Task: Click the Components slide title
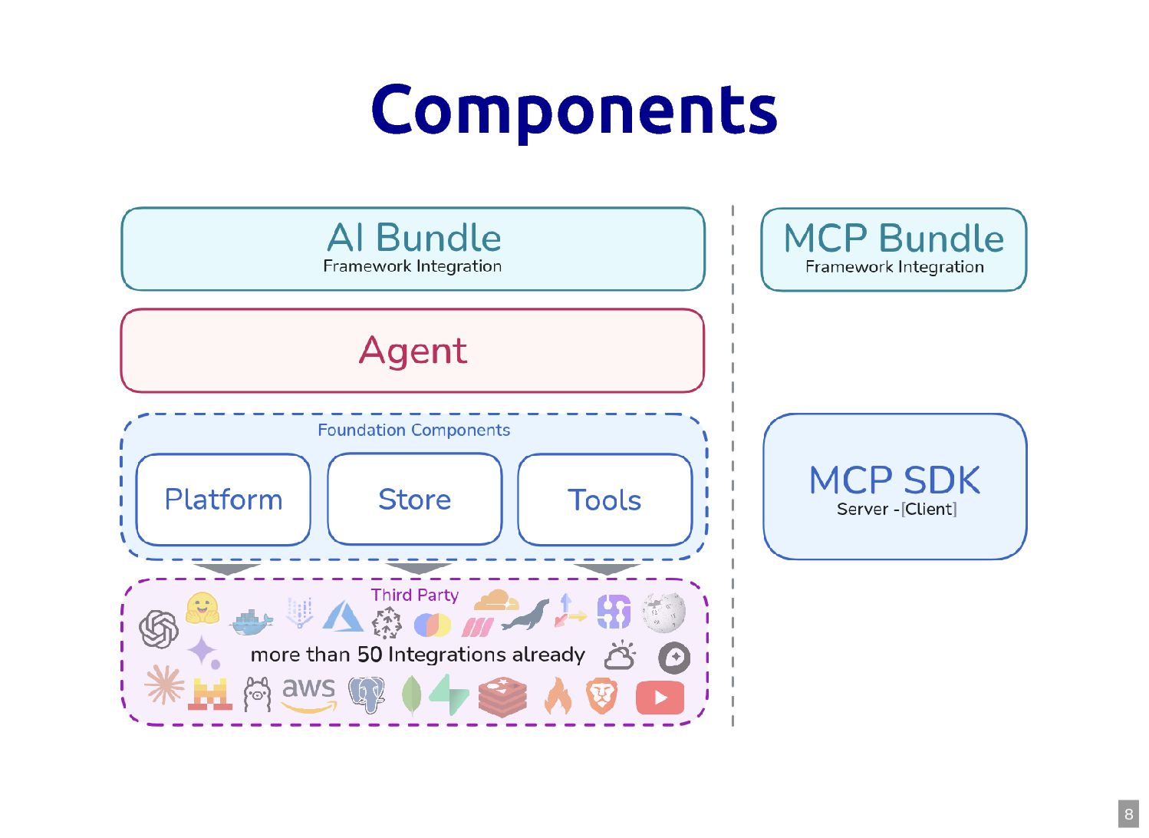(574, 110)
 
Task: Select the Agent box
(413, 351)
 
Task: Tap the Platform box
(223, 500)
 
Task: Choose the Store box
(414, 500)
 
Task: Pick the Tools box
(604, 500)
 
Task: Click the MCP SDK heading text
(894, 480)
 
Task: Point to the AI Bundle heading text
(414, 238)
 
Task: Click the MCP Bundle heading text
(894, 239)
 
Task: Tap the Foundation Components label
(414, 431)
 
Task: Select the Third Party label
(415, 595)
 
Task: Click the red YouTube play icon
(660, 698)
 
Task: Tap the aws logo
(308, 693)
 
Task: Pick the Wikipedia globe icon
(663, 612)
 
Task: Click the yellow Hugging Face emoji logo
(202, 608)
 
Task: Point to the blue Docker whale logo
(252, 622)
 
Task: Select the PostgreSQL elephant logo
(367, 694)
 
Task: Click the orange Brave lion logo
(602, 695)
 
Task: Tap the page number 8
(1128, 814)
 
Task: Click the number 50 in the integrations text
(370, 655)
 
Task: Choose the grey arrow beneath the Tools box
(607, 569)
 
